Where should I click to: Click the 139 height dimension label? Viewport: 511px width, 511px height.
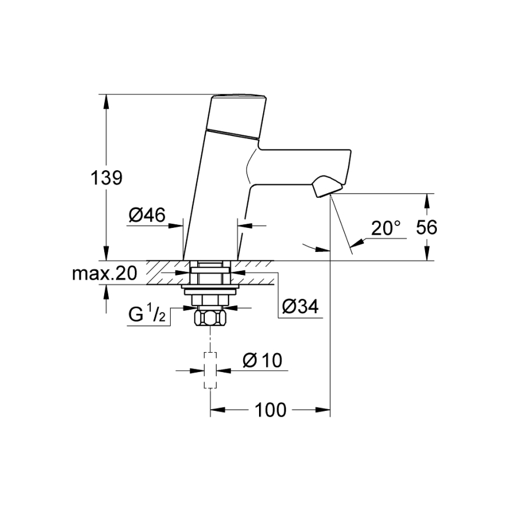point(107,177)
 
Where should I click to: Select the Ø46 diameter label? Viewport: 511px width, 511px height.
point(145,216)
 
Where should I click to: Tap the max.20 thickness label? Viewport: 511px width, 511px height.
point(104,273)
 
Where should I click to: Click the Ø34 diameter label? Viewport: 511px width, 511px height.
point(300,306)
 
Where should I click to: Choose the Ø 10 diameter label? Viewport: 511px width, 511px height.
point(264,360)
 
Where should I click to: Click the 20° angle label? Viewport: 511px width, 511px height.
point(386,228)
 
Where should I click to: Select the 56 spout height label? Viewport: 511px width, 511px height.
point(426,227)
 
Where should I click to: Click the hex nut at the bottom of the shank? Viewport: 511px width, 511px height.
point(211,320)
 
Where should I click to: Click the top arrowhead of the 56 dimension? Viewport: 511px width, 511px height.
point(428,200)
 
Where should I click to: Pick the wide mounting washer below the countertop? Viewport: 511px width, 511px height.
point(211,289)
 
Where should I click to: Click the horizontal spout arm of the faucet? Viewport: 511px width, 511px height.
point(300,168)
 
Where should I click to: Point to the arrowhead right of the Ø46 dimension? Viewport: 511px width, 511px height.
point(243,224)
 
